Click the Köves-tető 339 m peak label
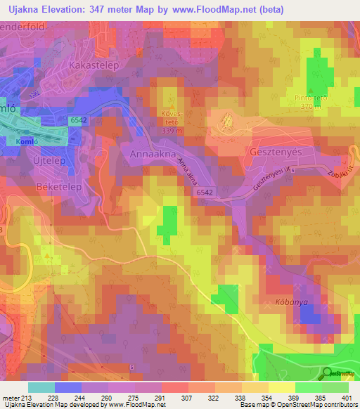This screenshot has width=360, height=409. tap(172, 121)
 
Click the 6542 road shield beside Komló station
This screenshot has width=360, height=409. tap(78, 122)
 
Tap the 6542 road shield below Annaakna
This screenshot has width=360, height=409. tap(205, 191)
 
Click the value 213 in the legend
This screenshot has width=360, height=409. tap(27, 397)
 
